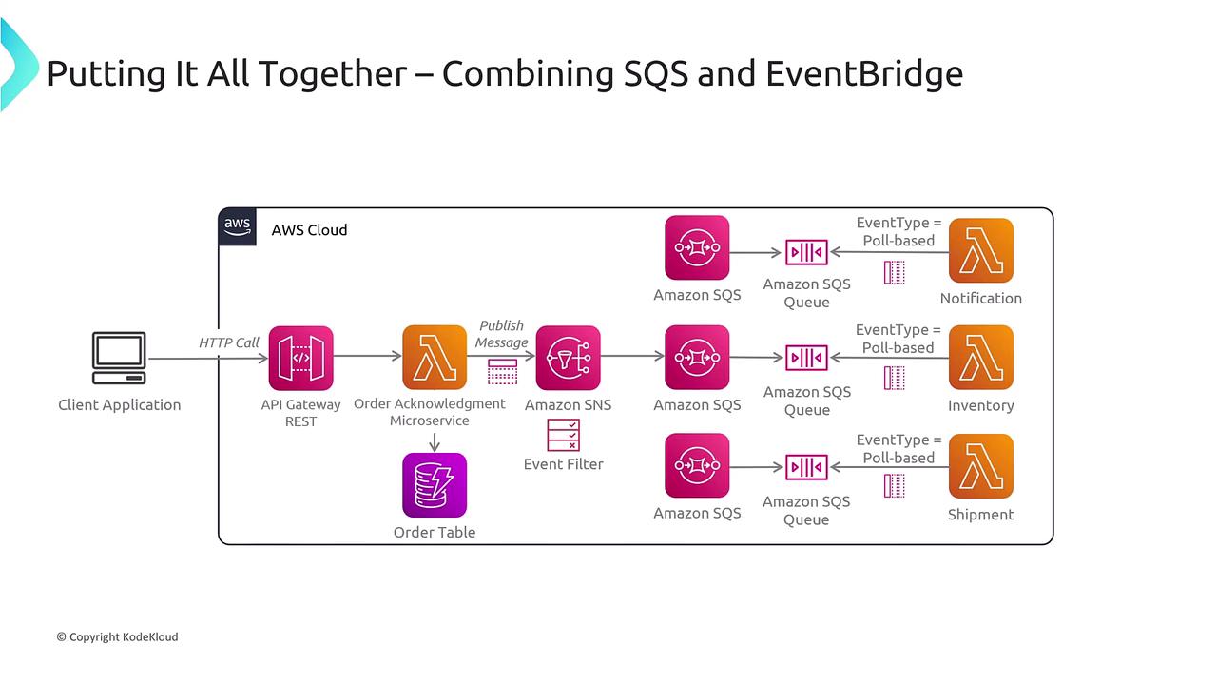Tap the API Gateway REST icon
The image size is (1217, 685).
pos(300,358)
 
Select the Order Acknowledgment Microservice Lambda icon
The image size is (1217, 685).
pos(435,358)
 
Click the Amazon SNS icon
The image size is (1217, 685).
pos(568,358)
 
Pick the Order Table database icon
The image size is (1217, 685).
pos(435,485)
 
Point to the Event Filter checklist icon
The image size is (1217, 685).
pos(563,435)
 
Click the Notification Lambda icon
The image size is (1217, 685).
pos(980,250)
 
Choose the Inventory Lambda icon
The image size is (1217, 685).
pos(980,358)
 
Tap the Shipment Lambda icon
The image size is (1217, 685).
pos(980,466)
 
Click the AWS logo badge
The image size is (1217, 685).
pos(238,227)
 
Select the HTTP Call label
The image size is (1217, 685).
pos(229,342)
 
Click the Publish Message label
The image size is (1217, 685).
pos(502,334)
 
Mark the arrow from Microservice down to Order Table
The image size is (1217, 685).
pos(435,441)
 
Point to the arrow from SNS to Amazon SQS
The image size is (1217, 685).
pos(632,358)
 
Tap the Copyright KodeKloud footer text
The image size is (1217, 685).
pos(117,636)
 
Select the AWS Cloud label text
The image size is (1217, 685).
pos(309,230)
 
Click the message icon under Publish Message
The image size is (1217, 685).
pos(502,371)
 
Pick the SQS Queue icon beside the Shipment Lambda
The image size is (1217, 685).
pos(806,467)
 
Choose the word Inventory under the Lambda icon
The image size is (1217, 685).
pos(980,406)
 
